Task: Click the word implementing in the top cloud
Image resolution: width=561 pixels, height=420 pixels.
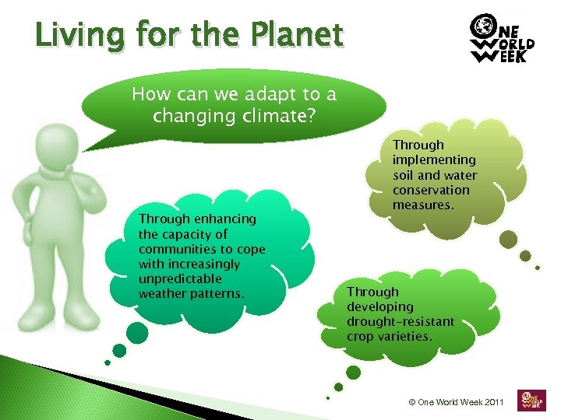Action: [434, 159]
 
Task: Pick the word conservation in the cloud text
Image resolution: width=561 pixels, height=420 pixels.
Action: [431, 190]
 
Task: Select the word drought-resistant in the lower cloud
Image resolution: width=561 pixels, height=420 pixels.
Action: [400, 321]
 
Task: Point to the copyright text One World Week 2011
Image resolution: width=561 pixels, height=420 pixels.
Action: [457, 402]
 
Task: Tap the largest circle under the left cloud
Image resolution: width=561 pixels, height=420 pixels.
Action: [136, 333]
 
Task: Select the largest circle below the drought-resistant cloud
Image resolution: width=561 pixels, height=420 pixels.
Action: [353, 373]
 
